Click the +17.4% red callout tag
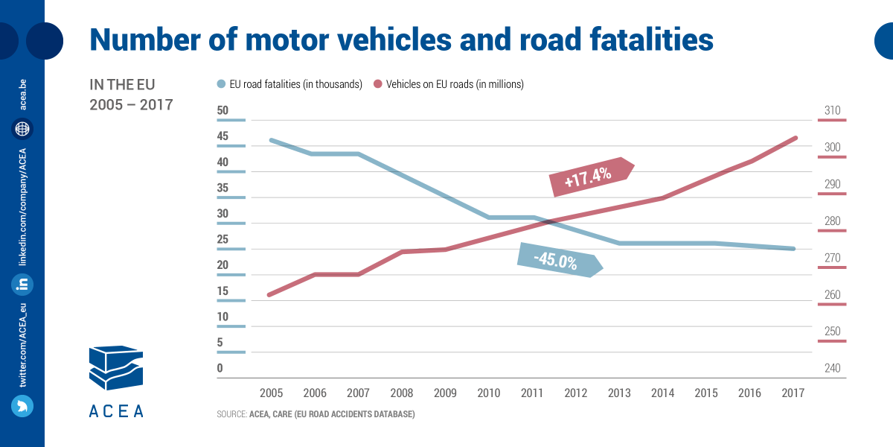[592, 177]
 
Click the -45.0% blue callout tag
[560, 260]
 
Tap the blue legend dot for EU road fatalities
[221, 84]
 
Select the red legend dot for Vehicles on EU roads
[377, 84]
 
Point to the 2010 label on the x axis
[488, 393]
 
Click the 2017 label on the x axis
[793, 393]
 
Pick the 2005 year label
[271, 393]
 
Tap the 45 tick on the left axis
[223, 136]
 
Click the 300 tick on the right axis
[833, 148]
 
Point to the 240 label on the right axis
[833, 368]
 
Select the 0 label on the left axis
[220, 368]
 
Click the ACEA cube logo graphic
[116, 367]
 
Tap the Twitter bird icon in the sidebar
[22, 406]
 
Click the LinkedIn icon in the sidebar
[22, 285]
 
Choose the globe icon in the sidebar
[22, 129]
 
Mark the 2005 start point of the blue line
[272, 141]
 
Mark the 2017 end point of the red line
[796, 138]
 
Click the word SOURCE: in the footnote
[231, 414]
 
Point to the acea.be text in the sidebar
[23, 95]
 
